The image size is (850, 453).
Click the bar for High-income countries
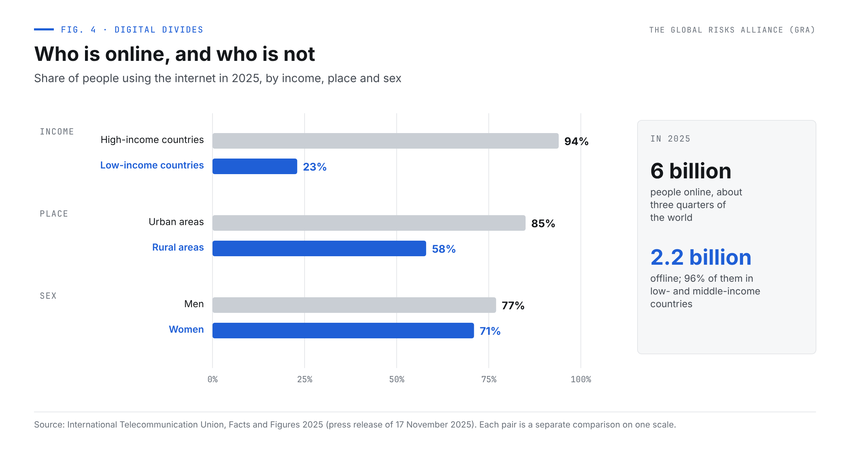[x=385, y=141]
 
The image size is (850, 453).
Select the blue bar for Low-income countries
[x=255, y=166]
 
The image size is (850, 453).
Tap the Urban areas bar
[x=369, y=223]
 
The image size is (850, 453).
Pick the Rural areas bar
[x=319, y=248]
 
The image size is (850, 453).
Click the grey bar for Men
[x=354, y=305]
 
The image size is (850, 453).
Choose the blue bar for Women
[x=343, y=331]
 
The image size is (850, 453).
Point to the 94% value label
[x=576, y=142]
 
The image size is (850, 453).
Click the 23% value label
[x=314, y=167]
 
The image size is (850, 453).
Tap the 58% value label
[x=444, y=249]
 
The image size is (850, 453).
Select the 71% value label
[x=490, y=331]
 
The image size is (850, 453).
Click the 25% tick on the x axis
[x=305, y=379]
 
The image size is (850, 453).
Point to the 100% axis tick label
[x=581, y=379]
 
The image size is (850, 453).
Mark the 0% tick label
[x=212, y=379]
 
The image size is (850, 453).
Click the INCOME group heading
[x=57, y=132]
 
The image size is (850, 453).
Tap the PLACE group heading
[x=54, y=214]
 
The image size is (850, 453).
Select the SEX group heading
[x=48, y=296]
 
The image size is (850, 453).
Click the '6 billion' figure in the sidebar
[x=691, y=171]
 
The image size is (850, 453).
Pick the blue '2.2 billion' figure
[x=701, y=257]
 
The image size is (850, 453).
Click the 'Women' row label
[x=186, y=329]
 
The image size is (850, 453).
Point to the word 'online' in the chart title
[x=135, y=55]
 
